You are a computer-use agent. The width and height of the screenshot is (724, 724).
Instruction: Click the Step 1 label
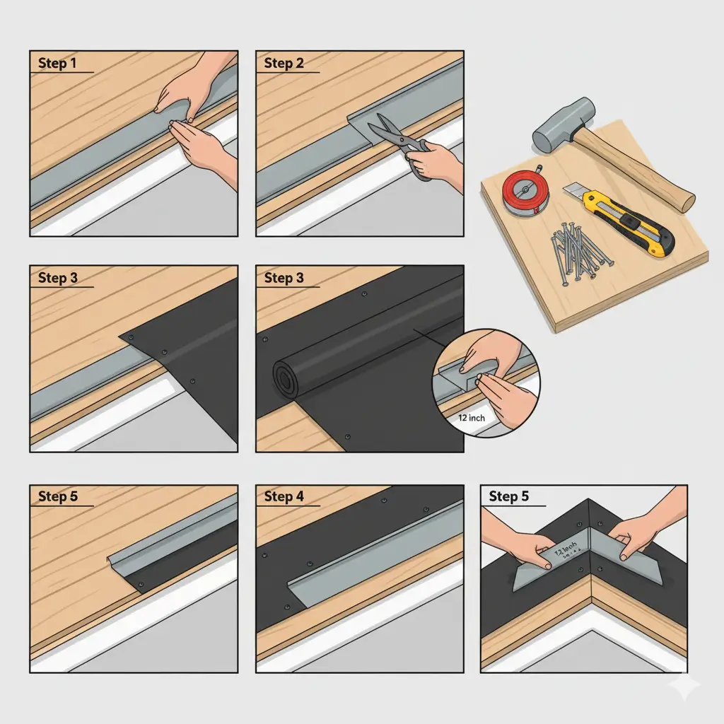coord(57,64)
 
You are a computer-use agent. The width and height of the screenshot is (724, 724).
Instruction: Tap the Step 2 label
coord(284,64)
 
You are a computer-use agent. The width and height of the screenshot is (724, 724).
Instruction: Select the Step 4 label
coord(284,496)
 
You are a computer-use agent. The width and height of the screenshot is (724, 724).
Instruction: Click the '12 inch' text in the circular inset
coord(472,418)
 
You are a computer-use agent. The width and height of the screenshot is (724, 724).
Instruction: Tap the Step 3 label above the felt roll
coord(284,278)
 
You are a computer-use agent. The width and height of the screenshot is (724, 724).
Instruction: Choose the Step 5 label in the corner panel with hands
coord(508,496)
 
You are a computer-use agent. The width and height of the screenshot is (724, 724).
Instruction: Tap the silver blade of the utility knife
coord(574,191)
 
